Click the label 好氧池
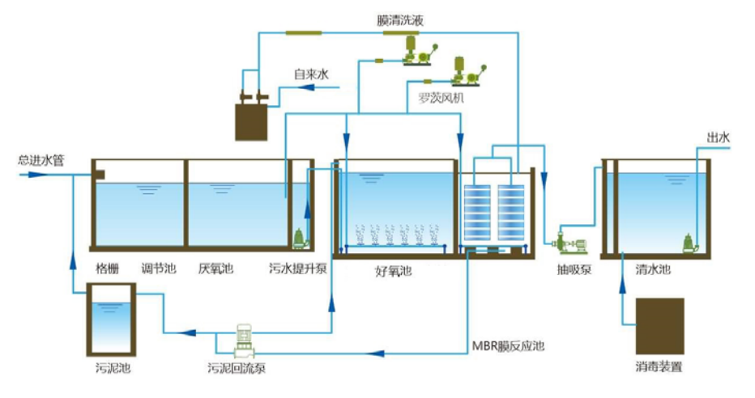tap(394, 273)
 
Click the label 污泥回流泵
tap(237, 369)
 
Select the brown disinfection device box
tap(659, 324)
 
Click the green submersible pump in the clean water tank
tap(689, 241)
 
